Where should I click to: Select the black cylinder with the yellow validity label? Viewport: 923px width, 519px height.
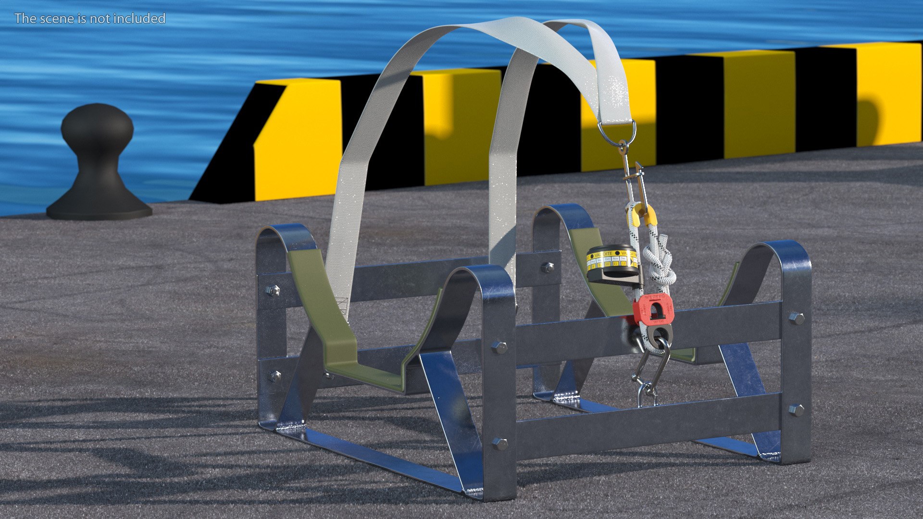point(613,264)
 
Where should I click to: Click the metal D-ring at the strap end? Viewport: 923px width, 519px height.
point(617,132)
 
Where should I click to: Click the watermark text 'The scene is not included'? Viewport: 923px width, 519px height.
point(90,18)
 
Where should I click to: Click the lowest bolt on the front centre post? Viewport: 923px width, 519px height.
point(499,444)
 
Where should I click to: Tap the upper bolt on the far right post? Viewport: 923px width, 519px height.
point(796,318)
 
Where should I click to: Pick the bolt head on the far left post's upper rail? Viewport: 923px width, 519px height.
point(272,290)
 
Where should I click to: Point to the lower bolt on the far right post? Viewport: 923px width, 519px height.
point(796,410)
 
